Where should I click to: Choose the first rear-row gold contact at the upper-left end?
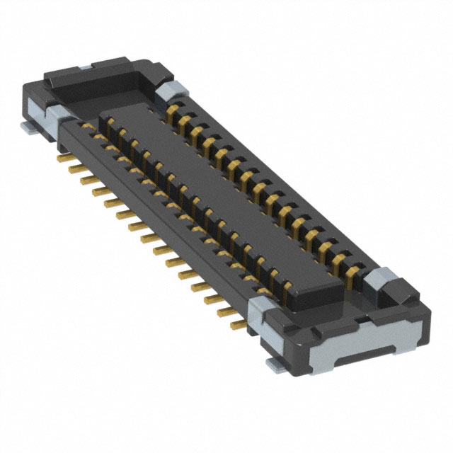(173, 110)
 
